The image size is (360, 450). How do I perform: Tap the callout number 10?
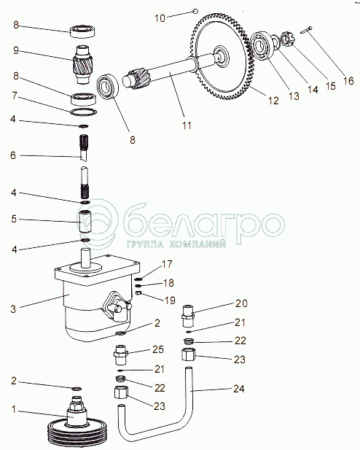[x=160, y=18]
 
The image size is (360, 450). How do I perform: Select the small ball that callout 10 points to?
[x=195, y=12]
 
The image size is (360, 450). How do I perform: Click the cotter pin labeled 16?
[x=306, y=30]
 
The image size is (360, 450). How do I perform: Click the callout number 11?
[x=187, y=125]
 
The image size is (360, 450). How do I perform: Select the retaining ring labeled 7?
[x=84, y=112]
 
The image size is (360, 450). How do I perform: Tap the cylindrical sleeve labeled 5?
[x=85, y=222]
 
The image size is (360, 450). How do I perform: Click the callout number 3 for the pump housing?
[x=13, y=309]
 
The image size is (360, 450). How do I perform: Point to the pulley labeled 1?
[x=77, y=424]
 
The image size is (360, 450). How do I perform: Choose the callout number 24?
[x=238, y=389]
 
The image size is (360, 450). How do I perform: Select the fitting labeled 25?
[x=121, y=354]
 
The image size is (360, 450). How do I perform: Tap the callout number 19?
[x=170, y=300]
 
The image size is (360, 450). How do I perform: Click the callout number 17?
[x=167, y=264]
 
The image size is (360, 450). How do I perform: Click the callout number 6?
[x=13, y=155]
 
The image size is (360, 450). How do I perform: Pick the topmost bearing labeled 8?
[x=83, y=31]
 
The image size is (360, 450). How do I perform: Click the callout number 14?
[x=313, y=90]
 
